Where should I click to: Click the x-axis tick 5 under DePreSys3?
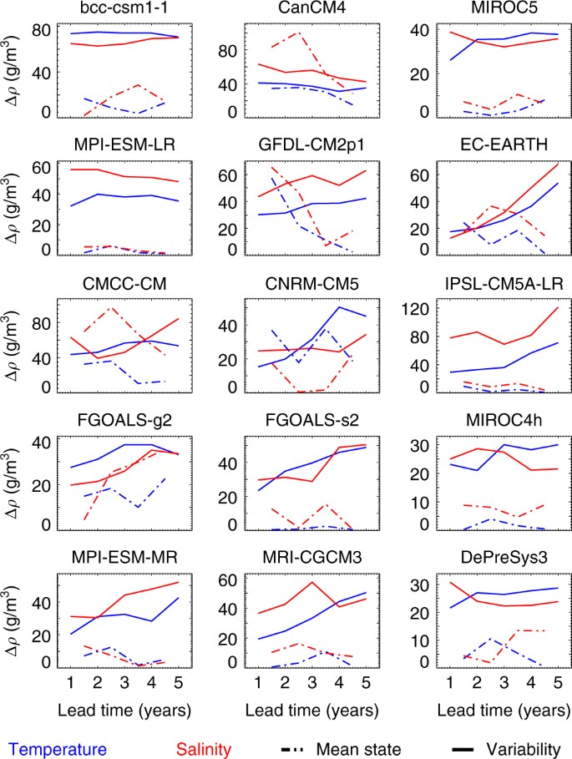[x=555, y=684]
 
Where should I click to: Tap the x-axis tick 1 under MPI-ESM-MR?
[x=71, y=684]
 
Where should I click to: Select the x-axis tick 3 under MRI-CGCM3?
[x=312, y=684]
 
